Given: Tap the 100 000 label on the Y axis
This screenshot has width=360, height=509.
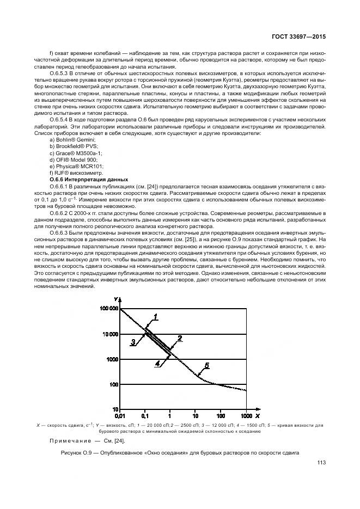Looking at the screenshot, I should (109, 309).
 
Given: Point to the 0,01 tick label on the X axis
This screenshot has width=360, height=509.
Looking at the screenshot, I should (120, 415).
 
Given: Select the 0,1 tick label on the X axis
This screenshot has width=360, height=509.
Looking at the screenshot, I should (145, 415).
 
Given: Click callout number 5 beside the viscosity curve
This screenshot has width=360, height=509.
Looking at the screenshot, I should (206, 365).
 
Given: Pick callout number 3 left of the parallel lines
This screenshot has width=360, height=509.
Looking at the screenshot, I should (132, 342).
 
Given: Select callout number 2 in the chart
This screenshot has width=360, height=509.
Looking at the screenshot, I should (179, 338).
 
